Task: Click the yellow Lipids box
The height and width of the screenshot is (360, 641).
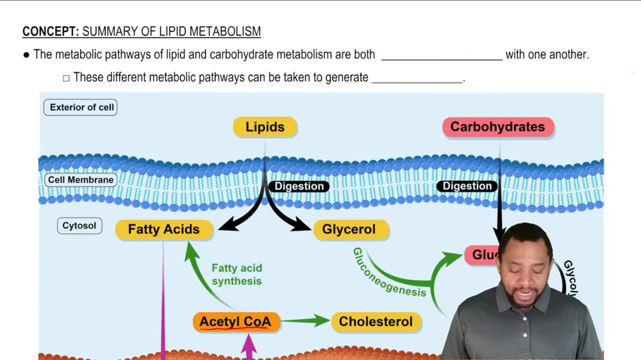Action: (x=265, y=127)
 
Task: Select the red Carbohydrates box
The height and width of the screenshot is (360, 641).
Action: (x=497, y=127)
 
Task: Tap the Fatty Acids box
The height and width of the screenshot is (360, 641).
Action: (x=163, y=229)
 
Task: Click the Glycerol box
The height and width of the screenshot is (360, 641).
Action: (x=349, y=229)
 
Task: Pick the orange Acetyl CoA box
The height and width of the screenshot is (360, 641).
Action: (x=236, y=322)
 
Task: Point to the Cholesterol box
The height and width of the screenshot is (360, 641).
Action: (x=376, y=322)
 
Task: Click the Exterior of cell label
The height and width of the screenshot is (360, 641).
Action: (x=81, y=107)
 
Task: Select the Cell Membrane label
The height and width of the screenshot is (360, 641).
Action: (x=81, y=180)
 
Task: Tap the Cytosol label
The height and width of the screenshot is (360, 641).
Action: (x=79, y=225)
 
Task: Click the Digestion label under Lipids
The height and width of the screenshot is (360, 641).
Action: (x=299, y=186)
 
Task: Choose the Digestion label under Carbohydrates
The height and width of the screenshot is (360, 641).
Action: (x=467, y=186)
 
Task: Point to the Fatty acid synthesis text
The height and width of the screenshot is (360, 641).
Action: (x=237, y=274)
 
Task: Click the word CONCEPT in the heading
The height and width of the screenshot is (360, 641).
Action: (x=50, y=31)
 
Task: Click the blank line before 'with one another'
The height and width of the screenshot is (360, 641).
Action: (x=442, y=58)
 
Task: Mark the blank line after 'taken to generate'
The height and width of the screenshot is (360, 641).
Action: (x=417, y=81)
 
